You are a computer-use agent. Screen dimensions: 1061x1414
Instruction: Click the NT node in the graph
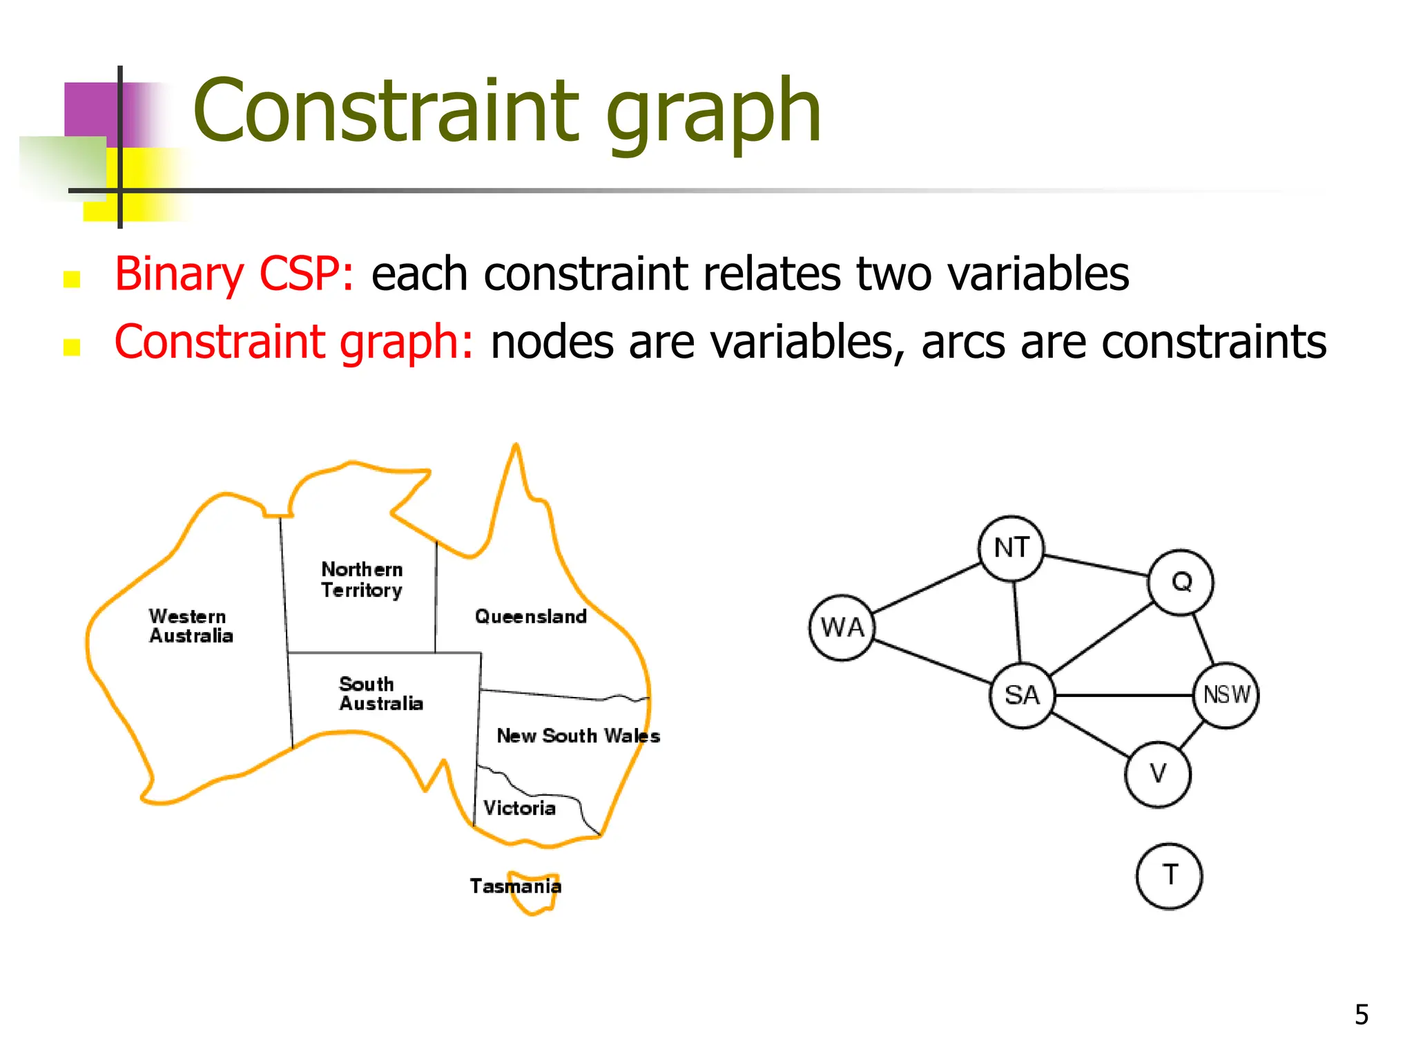1011,548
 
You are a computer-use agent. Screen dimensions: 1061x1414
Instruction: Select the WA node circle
842,628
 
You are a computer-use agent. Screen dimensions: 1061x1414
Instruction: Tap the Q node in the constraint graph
1181,582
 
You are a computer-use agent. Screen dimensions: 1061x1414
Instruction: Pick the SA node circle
1023,695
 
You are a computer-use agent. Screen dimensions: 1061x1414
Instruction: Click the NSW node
1226,695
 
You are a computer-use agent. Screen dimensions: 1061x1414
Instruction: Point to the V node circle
1158,774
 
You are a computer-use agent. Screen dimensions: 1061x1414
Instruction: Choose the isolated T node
1169,876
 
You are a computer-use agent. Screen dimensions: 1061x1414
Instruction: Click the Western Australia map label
191,626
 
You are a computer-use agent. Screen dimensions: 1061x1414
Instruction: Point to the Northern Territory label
362,580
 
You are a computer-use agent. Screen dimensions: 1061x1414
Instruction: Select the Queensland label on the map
530,616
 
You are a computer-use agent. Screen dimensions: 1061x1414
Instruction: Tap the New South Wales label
578,736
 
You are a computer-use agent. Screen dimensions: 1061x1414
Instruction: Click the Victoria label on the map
519,808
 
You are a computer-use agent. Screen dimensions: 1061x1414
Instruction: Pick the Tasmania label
515,886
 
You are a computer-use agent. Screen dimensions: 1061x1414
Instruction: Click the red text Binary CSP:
234,274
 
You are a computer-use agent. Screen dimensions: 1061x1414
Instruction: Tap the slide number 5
1361,1015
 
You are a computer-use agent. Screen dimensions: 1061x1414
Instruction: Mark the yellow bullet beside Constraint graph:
72,347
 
